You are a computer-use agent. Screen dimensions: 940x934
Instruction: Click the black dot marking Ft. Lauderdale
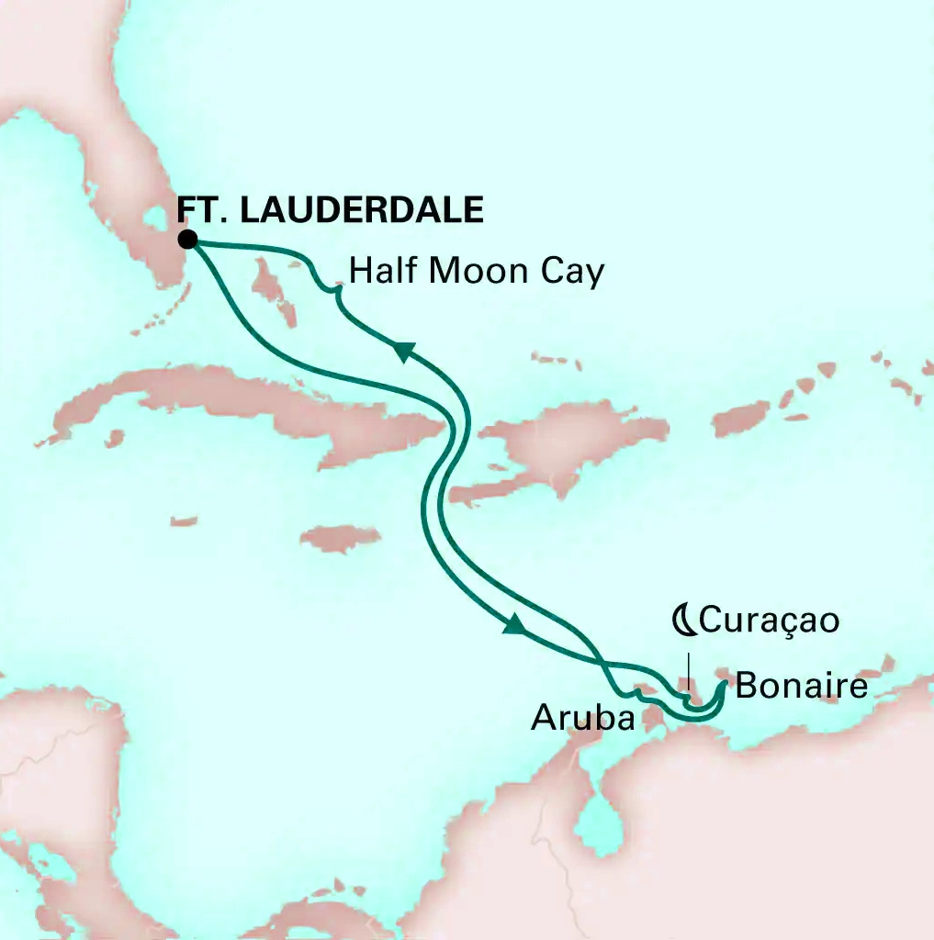point(188,241)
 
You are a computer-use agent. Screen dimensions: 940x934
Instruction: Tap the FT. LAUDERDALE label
point(330,210)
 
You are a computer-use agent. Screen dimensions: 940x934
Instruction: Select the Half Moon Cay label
point(477,272)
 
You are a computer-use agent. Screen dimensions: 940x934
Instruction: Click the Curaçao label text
point(769,621)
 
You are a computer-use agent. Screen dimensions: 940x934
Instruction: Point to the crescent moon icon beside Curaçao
point(683,621)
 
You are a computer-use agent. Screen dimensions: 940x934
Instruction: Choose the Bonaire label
point(802,686)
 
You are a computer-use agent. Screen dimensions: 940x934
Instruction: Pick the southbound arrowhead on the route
point(516,626)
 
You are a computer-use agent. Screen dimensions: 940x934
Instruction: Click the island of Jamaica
point(340,538)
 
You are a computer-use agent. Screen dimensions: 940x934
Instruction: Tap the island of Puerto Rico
point(741,420)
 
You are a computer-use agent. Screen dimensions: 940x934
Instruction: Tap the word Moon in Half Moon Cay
point(477,272)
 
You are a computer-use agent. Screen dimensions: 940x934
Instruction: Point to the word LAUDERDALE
point(362,210)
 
